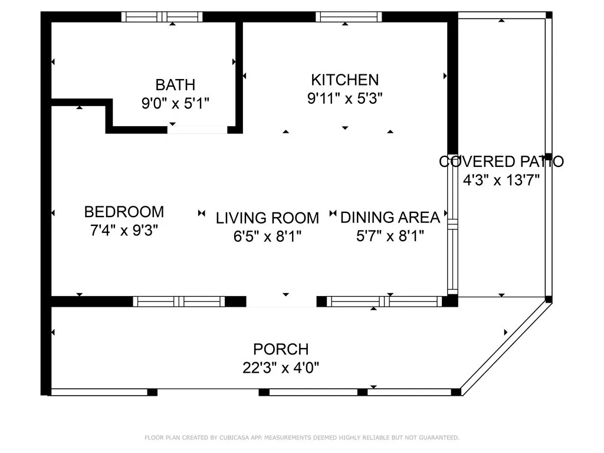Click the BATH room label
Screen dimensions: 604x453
[175, 85]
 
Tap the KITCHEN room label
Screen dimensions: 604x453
[344, 80]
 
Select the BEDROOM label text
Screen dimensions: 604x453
[124, 212]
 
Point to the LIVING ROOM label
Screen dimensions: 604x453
[267, 218]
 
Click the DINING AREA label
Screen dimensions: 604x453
[390, 218]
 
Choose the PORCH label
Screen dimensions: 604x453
[281, 349]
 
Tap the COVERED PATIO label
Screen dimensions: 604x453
[501, 162]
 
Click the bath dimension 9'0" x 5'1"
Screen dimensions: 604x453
[175, 103]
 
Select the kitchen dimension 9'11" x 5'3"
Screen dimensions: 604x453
[344, 99]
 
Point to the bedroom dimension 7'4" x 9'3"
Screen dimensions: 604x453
[124, 231]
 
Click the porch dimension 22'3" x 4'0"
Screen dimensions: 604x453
[281, 368]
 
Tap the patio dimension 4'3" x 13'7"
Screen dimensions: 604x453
[501, 180]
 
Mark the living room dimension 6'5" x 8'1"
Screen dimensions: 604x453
[267, 236]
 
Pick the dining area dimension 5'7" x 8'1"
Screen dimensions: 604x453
[390, 236]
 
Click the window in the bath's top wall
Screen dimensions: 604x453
[162, 17]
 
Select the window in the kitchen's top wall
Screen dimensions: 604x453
[349, 17]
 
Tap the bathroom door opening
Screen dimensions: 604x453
[197, 130]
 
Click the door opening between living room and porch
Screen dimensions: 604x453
[281, 301]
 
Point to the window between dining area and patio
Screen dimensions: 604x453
[452, 225]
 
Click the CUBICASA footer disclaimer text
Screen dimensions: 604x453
[302, 438]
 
